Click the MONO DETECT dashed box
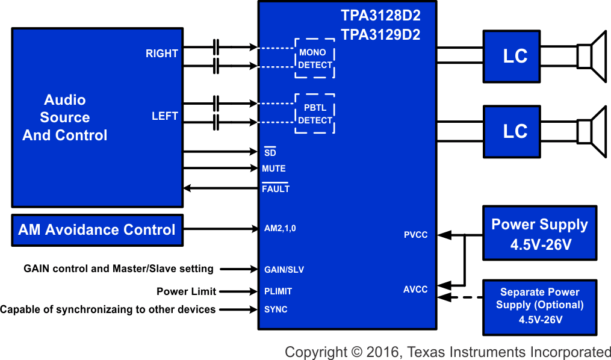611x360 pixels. [x=315, y=58]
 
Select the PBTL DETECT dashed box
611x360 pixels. [x=315, y=114]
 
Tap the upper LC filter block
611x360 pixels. [x=515, y=57]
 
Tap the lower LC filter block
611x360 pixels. [x=515, y=132]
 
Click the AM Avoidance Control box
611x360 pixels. [x=97, y=230]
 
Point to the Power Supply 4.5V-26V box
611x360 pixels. [x=540, y=234]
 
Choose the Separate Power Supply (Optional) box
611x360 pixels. [x=540, y=307]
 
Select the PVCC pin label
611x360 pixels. [x=415, y=235]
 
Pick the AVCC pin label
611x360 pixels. [x=415, y=290]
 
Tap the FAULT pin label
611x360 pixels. [x=276, y=189]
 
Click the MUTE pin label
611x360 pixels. [x=274, y=169]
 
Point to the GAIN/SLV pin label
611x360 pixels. [x=284, y=270]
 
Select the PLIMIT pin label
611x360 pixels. [x=278, y=291]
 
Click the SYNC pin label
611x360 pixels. [x=276, y=309]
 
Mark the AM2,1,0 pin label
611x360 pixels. [x=280, y=229]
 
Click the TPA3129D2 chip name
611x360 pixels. [x=380, y=35]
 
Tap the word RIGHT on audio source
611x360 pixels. [x=162, y=54]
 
